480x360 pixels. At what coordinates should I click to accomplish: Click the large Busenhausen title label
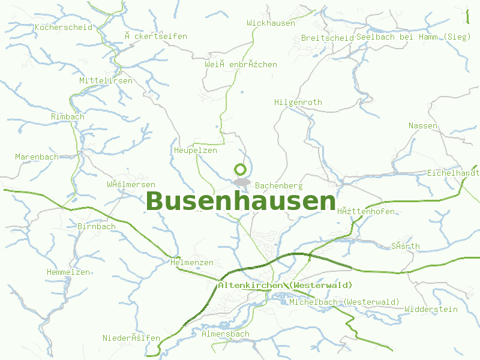(241, 202)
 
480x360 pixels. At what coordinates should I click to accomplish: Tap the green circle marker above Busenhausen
(241, 169)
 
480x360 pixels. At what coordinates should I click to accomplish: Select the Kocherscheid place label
(63, 28)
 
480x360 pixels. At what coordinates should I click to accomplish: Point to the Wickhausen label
(271, 23)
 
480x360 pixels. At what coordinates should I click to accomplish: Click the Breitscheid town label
(327, 38)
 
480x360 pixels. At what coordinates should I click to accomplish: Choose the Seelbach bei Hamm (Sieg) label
(413, 37)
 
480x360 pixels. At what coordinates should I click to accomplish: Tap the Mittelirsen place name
(106, 81)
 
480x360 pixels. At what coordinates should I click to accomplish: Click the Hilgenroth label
(298, 103)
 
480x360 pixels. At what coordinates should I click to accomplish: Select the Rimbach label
(68, 116)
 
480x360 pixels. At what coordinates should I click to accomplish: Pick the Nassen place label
(422, 126)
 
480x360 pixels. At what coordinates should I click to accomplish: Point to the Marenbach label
(37, 157)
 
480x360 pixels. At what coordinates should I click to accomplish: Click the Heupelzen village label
(195, 151)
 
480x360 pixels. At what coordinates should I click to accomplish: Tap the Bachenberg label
(278, 186)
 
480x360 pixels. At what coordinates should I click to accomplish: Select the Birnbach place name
(97, 227)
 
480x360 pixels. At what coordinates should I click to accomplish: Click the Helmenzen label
(191, 263)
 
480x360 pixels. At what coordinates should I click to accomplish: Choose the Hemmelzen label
(68, 272)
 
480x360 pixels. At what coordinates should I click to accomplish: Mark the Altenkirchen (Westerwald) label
(285, 285)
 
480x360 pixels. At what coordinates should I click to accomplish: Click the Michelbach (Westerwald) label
(344, 302)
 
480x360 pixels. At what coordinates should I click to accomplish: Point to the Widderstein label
(431, 310)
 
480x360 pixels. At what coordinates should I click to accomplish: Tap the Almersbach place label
(226, 334)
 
